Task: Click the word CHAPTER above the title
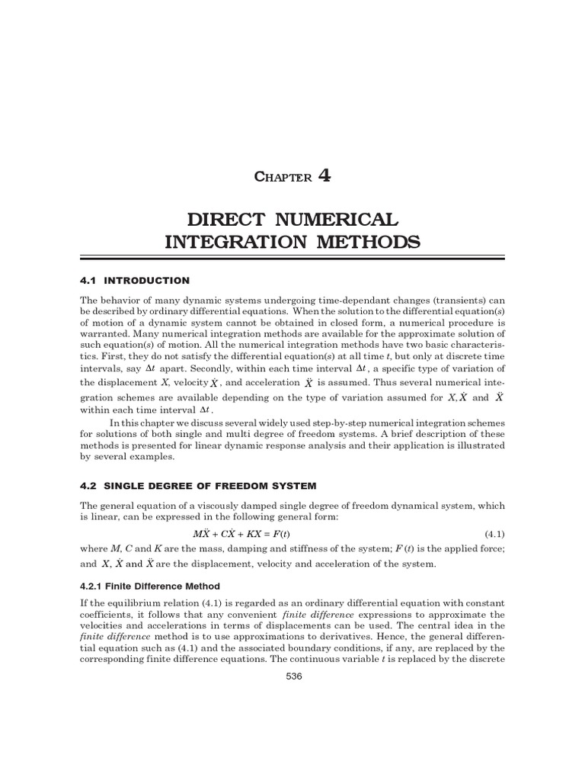[283, 177]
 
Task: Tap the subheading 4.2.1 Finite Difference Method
[149, 586]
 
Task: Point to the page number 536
[292, 680]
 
